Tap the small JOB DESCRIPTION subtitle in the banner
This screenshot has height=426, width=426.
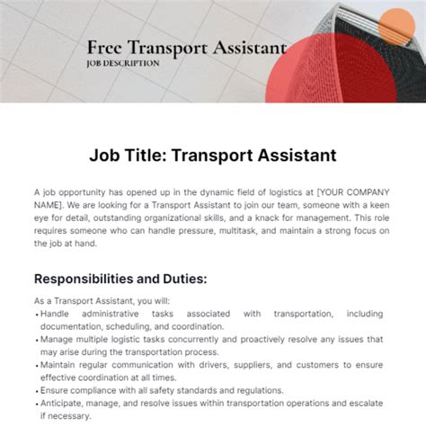click(123, 64)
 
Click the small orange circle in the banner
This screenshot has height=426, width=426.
click(395, 28)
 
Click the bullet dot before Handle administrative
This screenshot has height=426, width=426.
click(36, 314)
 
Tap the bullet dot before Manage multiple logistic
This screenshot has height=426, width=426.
click(36, 340)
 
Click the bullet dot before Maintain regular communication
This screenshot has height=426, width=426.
click(36, 365)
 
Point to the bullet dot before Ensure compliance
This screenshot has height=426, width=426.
click(36, 390)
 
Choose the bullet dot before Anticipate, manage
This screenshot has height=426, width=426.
click(36, 404)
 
